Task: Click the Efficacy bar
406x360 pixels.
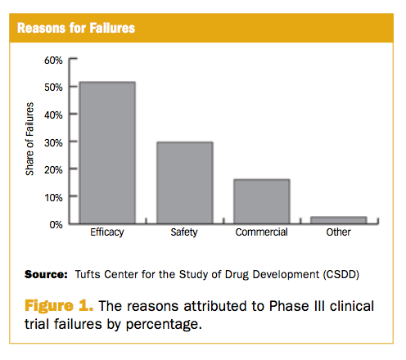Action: coord(107,153)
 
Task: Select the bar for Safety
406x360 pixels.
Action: coord(185,183)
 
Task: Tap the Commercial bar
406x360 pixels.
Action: coord(262,201)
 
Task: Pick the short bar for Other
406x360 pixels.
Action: coord(339,220)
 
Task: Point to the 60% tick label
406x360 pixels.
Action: coord(53,61)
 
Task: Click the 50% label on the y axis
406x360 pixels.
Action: coord(53,88)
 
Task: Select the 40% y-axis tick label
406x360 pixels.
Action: coord(53,115)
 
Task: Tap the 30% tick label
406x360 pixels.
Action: coord(53,142)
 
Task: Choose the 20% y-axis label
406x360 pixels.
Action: coord(53,170)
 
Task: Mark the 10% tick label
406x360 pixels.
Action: coord(53,197)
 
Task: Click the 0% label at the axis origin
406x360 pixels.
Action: coord(56,225)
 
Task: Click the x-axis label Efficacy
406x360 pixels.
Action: coord(107,232)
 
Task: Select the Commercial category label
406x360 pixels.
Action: coord(261,232)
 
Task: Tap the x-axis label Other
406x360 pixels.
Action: coord(338,232)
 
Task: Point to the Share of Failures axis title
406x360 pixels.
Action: coord(29,139)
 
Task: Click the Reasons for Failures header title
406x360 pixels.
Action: coord(76,28)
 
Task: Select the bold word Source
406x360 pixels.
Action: coord(46,274)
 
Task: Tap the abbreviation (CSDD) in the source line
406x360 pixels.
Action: coord(341,274)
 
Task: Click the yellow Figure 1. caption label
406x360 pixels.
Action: coord(59,306)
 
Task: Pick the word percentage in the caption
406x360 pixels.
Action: coord(164,325)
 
